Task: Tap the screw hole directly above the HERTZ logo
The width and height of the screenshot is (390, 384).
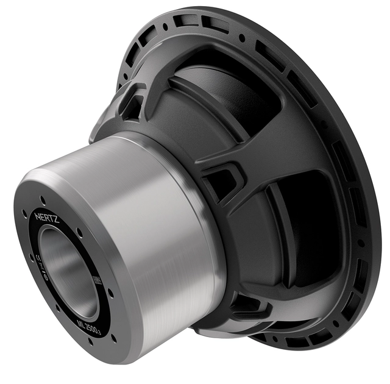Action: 43,199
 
